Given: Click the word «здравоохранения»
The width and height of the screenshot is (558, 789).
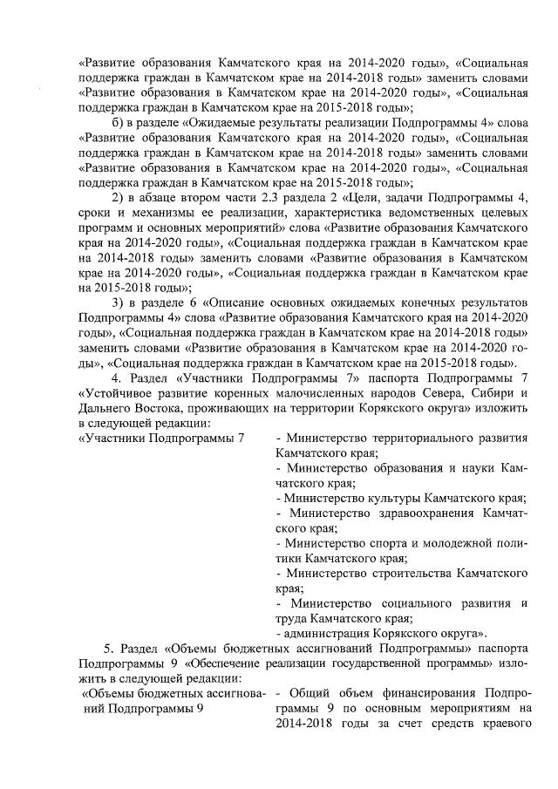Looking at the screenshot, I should click(x=407, y=514).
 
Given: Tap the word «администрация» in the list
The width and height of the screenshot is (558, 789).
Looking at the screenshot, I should click(x=321, y=633).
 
